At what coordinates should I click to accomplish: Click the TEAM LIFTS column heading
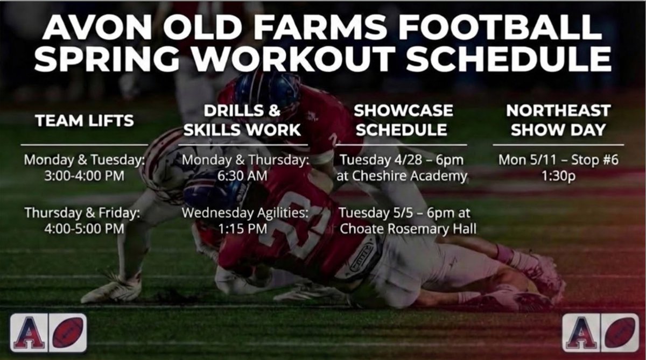point(85,121)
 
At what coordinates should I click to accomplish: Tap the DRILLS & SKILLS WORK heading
point(243,120)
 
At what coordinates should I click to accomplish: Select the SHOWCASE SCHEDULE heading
point(403,120)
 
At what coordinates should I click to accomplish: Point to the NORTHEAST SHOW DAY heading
point(558,120)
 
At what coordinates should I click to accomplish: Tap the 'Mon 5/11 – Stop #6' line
point(558,160)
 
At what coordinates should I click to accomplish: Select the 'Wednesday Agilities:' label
point(245,212)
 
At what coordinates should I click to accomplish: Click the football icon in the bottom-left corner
point(67,333)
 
